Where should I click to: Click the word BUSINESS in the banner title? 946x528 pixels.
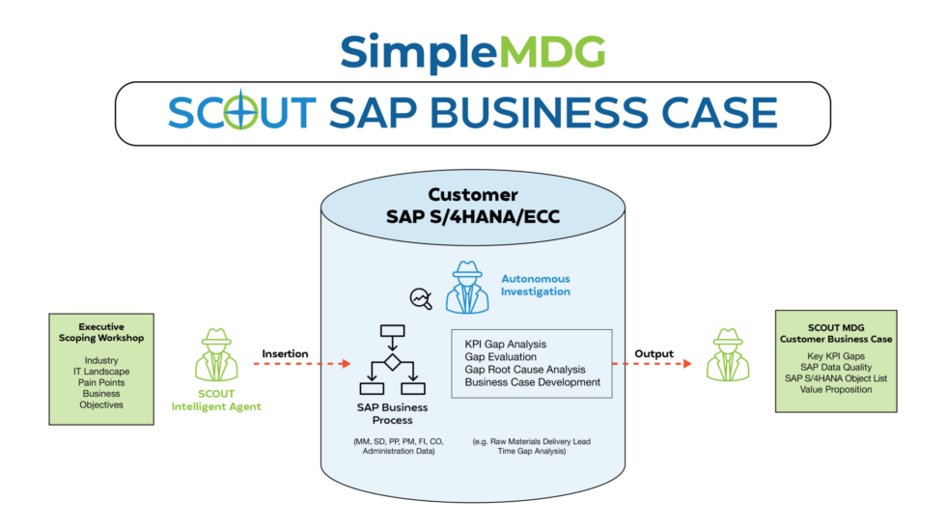point(533,113)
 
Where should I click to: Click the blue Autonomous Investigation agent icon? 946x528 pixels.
point(467,287)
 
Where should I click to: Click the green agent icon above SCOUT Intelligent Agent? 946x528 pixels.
point(216,355)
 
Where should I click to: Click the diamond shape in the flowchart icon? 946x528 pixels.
point(392,362)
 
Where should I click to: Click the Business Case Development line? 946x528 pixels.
point(533,383)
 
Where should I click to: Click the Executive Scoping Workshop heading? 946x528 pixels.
point(101,333)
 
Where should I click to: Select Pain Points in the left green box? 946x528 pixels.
point(101,382)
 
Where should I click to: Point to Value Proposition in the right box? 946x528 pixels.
point(837,390)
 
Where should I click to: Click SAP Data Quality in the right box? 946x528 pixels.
point(837,367)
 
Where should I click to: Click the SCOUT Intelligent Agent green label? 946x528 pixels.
point(216,401)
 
